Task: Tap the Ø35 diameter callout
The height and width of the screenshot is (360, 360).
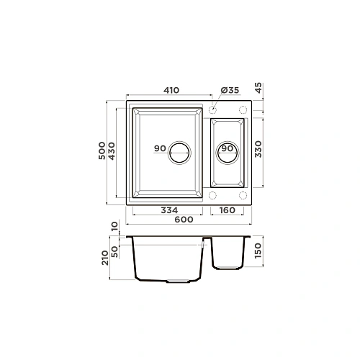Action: coord(228,90)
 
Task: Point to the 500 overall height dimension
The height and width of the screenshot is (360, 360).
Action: coord(102,153)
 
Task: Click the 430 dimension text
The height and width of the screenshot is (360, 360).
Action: coord(112,153)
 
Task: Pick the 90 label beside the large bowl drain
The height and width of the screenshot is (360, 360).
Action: coord(160,148)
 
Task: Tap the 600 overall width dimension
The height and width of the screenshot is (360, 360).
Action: coord(184,220)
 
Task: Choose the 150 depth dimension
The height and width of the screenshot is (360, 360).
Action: coord(259,252)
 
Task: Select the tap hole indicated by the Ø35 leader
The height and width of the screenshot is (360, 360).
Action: coord(215,110)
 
